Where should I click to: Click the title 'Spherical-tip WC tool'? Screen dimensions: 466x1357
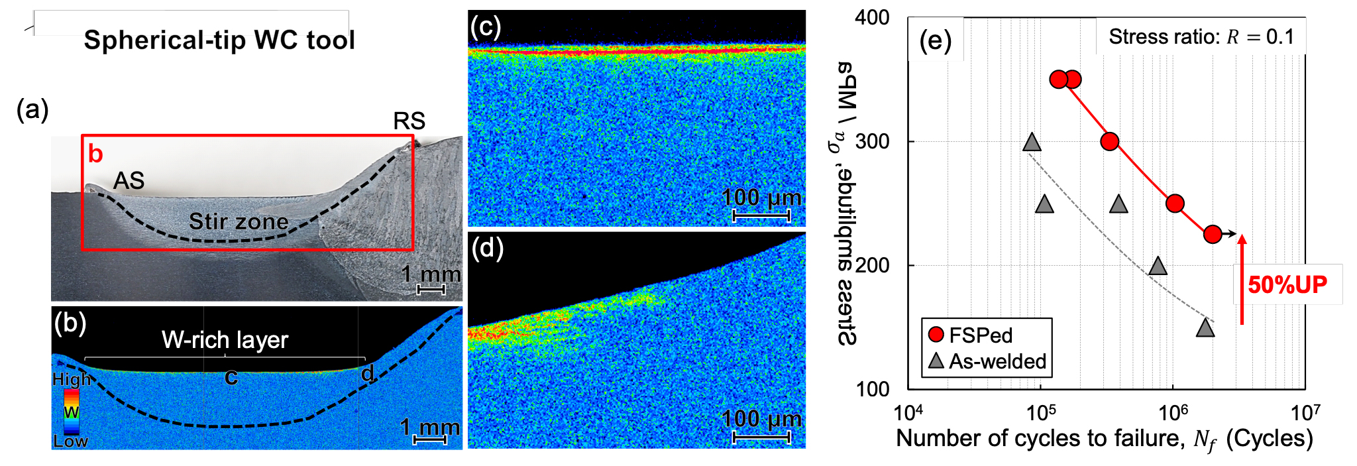(219, 40)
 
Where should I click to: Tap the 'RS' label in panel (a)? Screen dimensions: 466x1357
(409, 121)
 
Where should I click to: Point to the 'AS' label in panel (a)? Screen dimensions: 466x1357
(129, 180)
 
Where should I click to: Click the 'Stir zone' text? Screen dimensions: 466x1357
(239, 221)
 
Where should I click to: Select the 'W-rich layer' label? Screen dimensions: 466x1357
(225, 340)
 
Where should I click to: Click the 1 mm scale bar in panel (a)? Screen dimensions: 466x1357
(431, 290)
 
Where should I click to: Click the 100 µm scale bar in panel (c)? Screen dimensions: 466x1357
(761, 215)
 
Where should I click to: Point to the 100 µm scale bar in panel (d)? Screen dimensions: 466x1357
(761, 437)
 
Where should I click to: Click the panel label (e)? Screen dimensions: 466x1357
(935, 40)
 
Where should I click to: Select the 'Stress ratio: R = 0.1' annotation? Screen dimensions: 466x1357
(1201, 36)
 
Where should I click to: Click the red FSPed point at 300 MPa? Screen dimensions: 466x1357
(1110, 141)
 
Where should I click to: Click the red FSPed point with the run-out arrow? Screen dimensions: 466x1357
(1213, 234)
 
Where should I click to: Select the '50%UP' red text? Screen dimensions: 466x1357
(1287, 285)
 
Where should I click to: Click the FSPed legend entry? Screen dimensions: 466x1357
(971, 335)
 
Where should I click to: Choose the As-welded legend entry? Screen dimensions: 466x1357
(987, 361)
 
